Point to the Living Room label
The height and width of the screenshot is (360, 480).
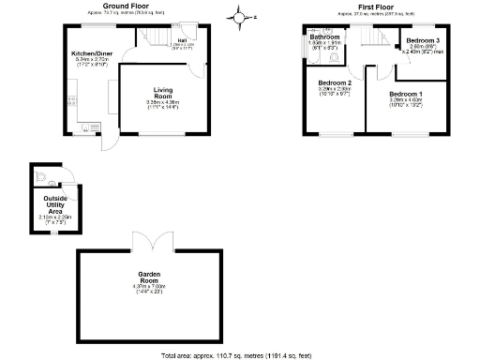(164, 94)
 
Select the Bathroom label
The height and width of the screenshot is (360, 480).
(323, 36)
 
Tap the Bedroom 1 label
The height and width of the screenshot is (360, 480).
(406, 95)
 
